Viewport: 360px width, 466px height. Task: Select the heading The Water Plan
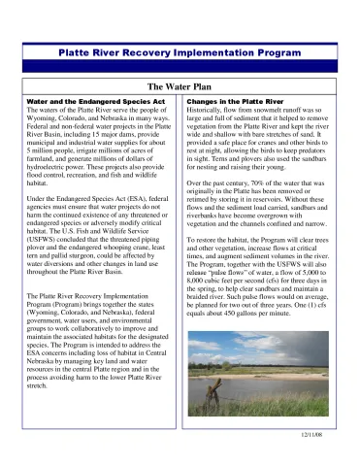(180, 86)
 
